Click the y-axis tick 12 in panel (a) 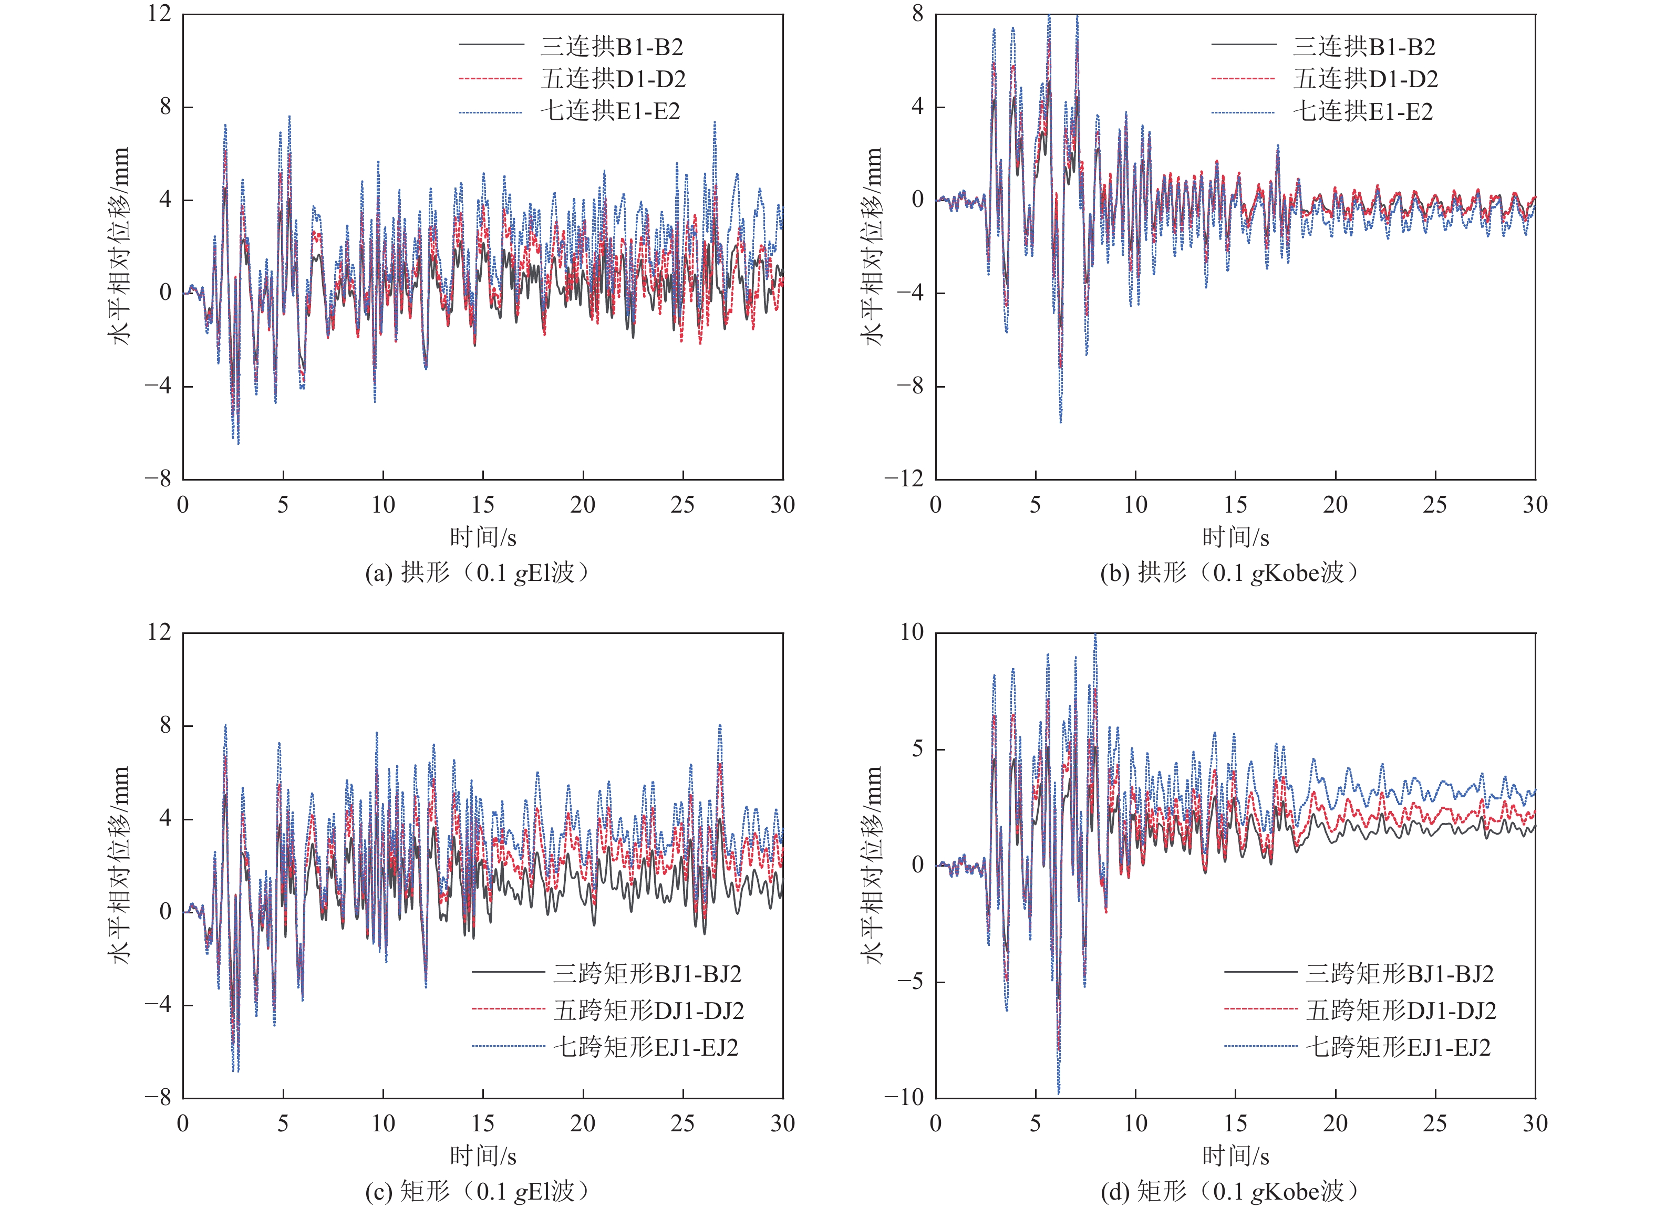[159, 14]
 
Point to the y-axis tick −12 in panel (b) [904, 479]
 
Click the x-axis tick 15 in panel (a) [483, 505]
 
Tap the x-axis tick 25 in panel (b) [1435, 505]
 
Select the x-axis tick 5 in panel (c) [283, 1123]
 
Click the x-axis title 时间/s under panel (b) [1235, 537]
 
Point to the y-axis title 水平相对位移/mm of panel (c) [119, 865]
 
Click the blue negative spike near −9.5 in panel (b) [1060, 421]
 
